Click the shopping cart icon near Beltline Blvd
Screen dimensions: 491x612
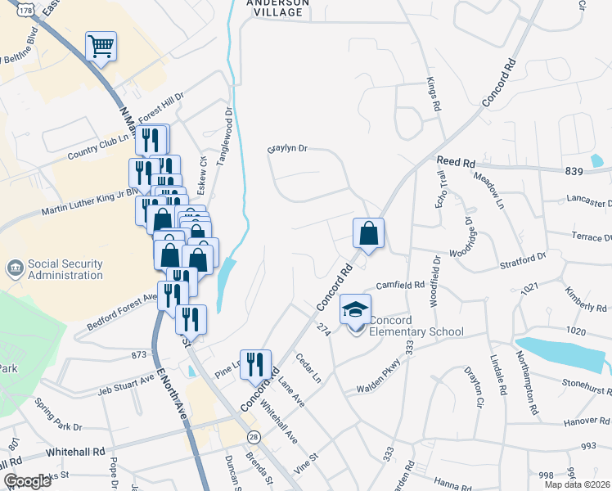(101, 46)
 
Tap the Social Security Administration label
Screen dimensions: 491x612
(65, 269)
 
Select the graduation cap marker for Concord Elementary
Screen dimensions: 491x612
(355, 310)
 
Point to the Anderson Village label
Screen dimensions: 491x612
(278, 7)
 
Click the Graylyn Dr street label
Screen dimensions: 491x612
(286, 149)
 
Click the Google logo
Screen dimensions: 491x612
(28, 480)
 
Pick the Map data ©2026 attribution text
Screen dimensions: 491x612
(578, 484)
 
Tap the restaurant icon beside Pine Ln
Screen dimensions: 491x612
(254, 364)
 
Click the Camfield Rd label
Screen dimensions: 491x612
(400, 286)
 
